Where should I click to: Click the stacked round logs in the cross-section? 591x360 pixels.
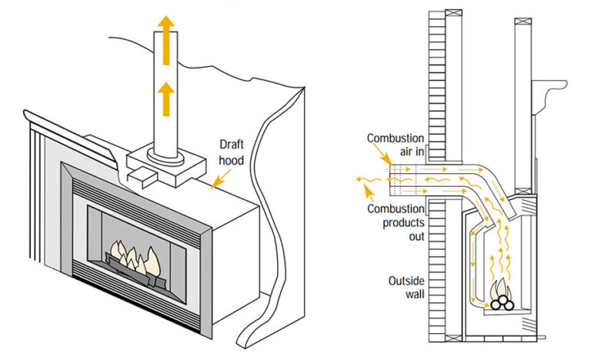(x=504, y=302)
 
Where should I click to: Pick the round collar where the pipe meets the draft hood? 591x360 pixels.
(x=166, y=157)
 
